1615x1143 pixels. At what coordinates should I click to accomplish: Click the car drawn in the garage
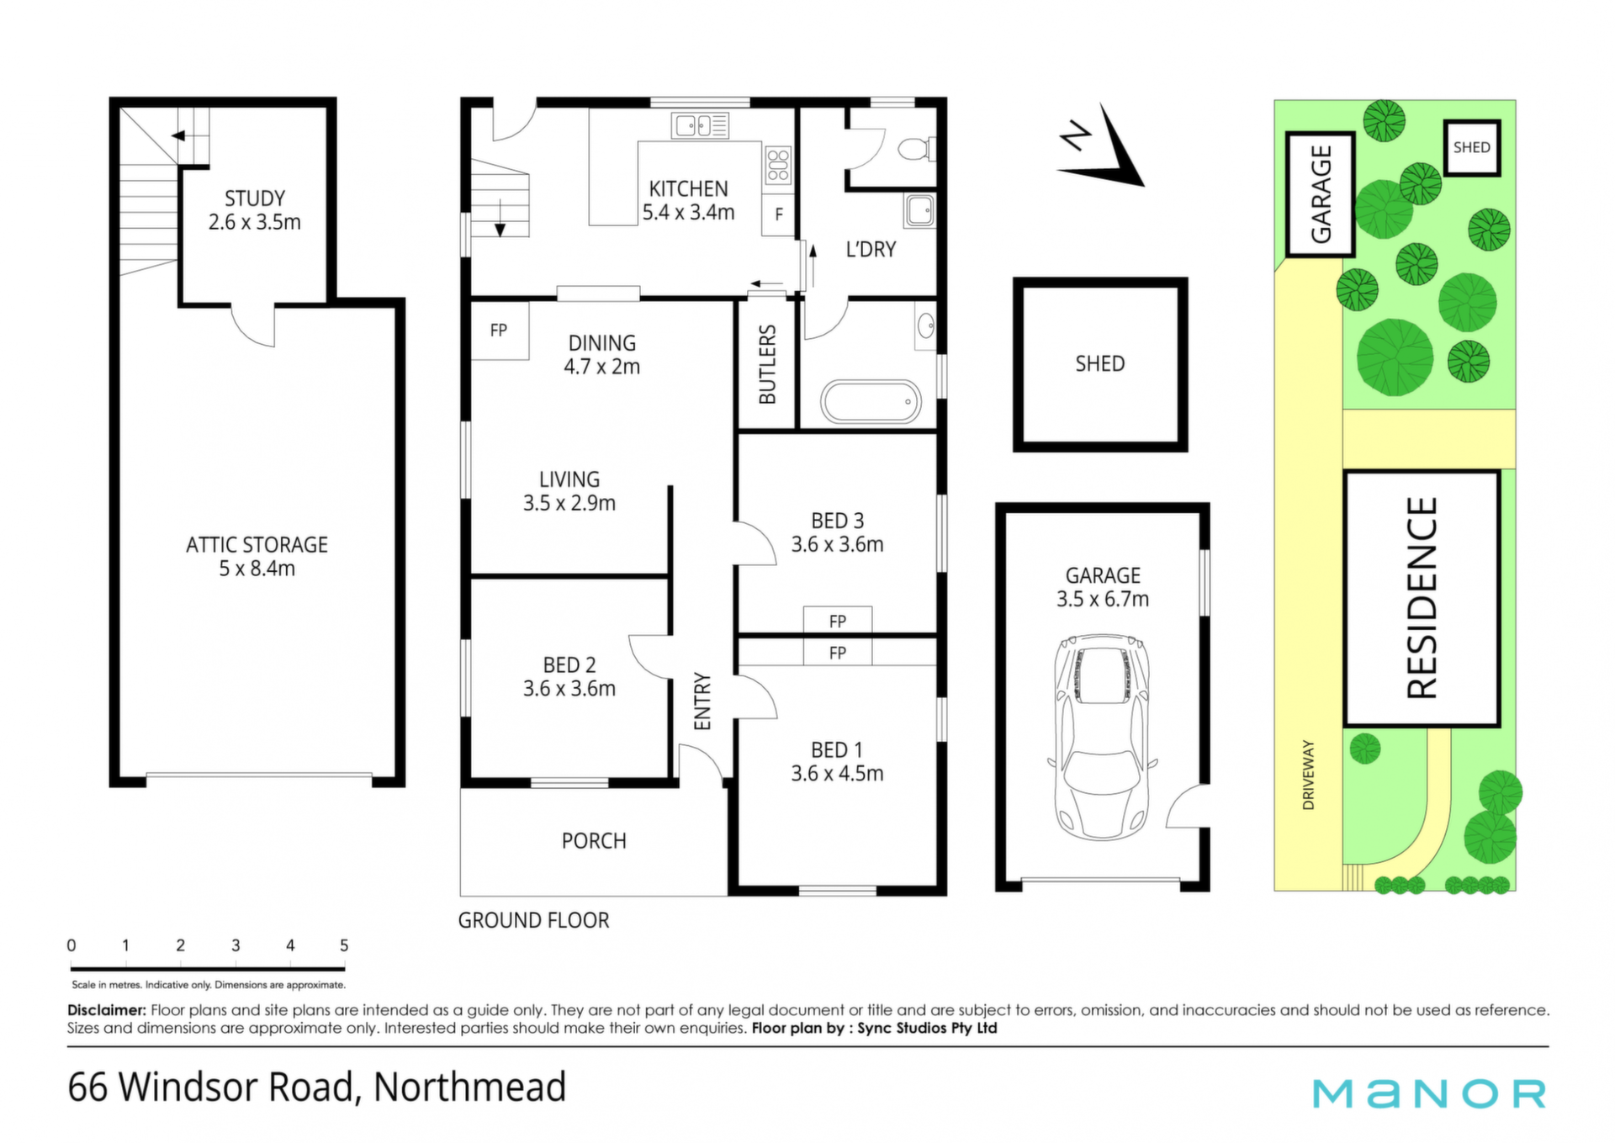(1102, 737)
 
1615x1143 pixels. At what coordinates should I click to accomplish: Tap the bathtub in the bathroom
(871, 402)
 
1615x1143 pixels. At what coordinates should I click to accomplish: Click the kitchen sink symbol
(700, 126)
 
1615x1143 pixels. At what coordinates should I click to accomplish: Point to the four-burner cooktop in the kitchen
(778, 165)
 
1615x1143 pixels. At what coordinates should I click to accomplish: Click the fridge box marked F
(779, 214)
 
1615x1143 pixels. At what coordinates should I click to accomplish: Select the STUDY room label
(254, 198)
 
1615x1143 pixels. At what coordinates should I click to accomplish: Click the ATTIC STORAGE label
(257, 545)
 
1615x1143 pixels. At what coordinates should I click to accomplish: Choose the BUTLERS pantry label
(767, 364)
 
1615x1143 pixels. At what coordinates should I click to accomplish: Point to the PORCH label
(594, 841)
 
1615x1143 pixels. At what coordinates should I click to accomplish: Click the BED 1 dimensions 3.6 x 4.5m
(837, 774)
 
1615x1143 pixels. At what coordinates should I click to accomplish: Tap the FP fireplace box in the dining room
(500, 331)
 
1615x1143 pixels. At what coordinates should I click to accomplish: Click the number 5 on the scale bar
(344, 945)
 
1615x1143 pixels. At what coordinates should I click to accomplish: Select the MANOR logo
(1429, 1093)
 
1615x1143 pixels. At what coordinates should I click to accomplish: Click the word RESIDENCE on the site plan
(1422, 598)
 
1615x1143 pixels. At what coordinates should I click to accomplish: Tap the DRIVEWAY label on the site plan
(1308, 775)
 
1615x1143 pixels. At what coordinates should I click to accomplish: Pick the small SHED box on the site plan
(1472, 147)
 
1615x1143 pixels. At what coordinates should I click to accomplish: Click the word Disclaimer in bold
(107, 1010)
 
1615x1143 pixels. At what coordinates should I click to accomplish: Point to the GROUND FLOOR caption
(533, 921)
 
